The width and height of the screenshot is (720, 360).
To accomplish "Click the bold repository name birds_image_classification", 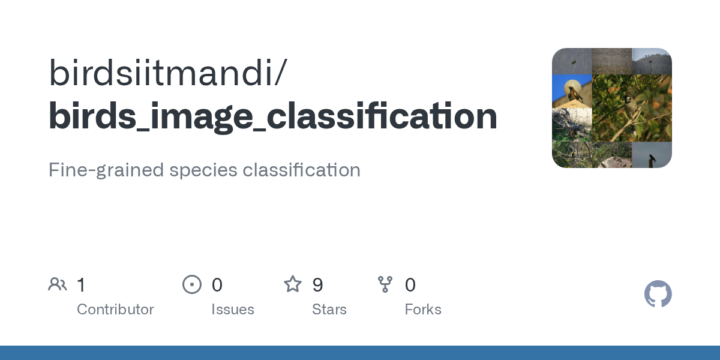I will (273, 116).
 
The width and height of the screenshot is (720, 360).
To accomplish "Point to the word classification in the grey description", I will (301, 170).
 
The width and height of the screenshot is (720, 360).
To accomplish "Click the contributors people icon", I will (58, 284).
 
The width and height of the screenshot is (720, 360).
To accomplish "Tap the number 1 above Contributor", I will (81, 285).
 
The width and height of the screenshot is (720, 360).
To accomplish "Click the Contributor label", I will (115, 310).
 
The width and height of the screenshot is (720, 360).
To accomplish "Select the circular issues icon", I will (191, 284).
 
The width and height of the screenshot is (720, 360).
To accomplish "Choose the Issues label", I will (232, 310).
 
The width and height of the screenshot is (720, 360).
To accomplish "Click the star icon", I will (293, 284).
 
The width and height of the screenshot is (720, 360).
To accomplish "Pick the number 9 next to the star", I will (318, 285).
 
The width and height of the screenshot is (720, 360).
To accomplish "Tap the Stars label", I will (329, 310).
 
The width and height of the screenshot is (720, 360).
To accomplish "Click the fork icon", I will (385, 284).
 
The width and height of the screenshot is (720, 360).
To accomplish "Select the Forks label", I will (423, 310).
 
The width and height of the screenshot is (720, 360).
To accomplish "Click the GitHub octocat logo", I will (658, 294).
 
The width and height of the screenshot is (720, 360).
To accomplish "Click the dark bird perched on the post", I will (652, 158).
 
